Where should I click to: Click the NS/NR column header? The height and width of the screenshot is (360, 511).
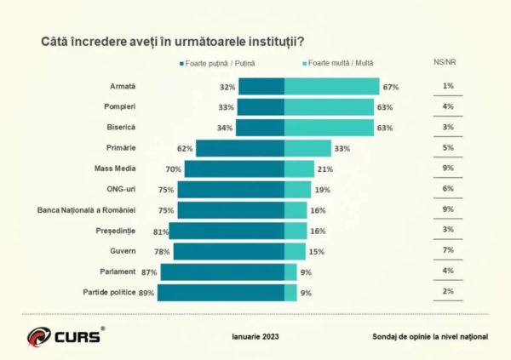click(x=446, y=62)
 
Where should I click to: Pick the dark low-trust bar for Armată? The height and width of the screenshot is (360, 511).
click(x=261, y=87)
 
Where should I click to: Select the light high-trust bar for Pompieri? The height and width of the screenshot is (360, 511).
click(x=328, y=107)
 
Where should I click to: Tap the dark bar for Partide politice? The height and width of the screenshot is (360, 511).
click(x=221, y=293)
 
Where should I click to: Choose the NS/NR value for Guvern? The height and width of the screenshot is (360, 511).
click(x=446, y=250)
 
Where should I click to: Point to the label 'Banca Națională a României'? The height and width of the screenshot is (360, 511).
click(x=92, y=209)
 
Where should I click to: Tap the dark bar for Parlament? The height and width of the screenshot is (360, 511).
click(x=221, y=272)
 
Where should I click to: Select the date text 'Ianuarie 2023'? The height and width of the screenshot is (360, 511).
click(x=255, y=336)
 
